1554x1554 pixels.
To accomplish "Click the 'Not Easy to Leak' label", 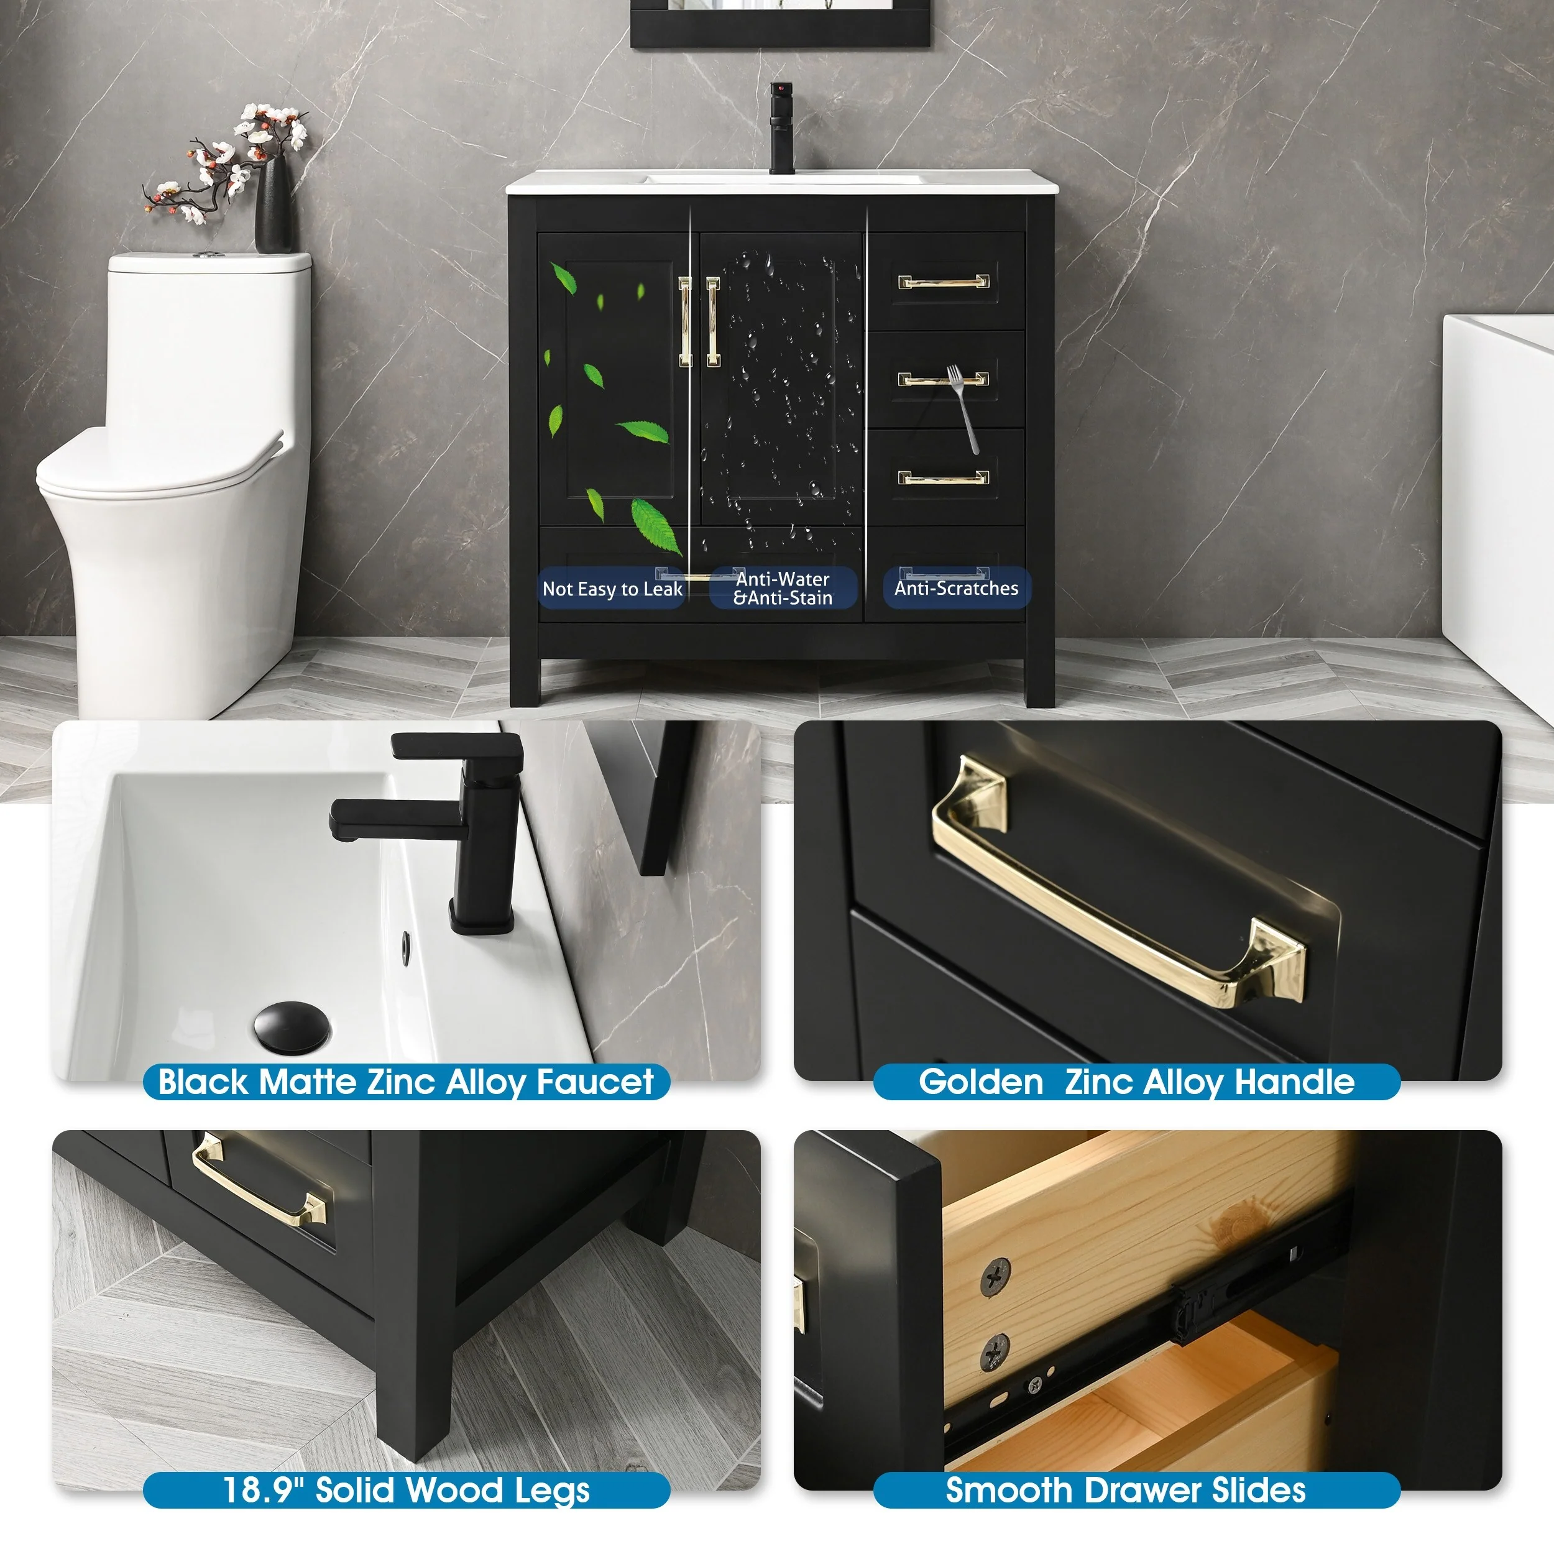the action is click(612, 589).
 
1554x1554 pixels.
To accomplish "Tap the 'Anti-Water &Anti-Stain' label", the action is click(783, 588).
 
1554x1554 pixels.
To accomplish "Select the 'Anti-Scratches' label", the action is click(957, 588).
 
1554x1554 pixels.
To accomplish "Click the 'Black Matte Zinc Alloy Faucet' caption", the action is click(406, 1082).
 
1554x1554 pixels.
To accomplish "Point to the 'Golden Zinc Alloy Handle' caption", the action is click(1136, 1082).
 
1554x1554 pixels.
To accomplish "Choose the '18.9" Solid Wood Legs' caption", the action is click(406, 1491).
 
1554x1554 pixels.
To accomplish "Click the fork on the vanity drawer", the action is click(963, 408).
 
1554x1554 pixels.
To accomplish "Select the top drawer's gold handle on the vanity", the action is click(944, 282).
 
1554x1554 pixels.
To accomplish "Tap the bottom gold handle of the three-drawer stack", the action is click(944, 478).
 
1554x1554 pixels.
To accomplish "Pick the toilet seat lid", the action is click(161, 462).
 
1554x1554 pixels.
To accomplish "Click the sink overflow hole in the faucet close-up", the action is click(405, 947).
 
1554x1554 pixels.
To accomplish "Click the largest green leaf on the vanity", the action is click(656, 526).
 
